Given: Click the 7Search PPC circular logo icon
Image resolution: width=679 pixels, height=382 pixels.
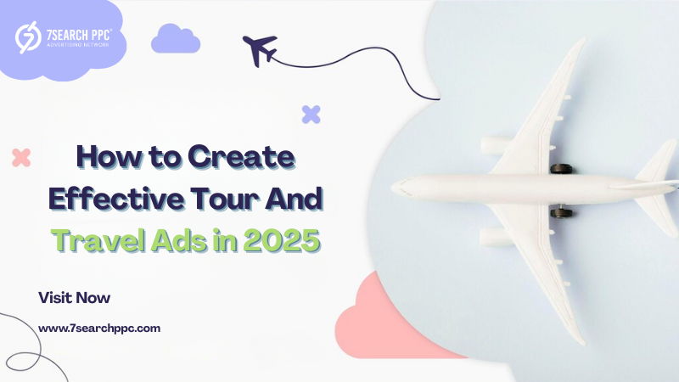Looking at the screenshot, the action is (28, 37).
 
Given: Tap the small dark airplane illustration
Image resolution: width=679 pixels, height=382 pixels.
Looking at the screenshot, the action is (260, 50).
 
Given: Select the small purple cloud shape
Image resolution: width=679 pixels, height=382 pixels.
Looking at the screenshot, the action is (176, 38).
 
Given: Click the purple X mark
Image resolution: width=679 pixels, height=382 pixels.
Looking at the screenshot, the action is (311, 115).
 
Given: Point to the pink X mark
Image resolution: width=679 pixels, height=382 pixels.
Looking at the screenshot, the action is (21, 158).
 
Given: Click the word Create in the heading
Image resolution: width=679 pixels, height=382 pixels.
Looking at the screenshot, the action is (241, 157).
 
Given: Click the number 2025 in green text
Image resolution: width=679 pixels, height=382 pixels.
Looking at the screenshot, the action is (282, 240).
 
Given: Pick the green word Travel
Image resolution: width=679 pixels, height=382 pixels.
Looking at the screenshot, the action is (98, 240).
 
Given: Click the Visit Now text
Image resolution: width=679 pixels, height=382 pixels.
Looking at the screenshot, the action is (74, 298).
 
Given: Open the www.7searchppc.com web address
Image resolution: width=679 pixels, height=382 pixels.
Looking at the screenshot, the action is (99, 329).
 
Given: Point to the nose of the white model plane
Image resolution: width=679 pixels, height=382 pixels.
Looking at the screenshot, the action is (393, 188).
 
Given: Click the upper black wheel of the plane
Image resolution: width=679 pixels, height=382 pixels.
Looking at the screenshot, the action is (561, 169).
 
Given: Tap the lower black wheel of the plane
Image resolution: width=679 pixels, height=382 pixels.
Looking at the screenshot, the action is (561, 213).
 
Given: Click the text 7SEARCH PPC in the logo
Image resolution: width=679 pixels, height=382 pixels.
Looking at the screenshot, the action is (79, 35).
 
